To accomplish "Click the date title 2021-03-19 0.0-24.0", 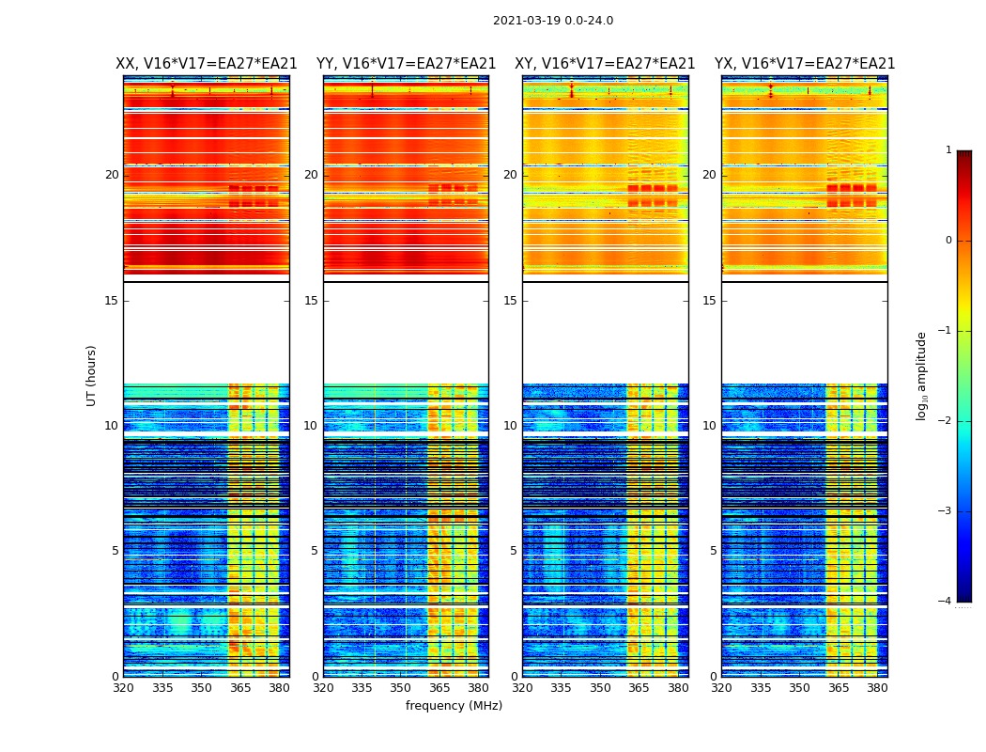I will click(x=552, y=21).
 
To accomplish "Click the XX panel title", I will click(x=206, y=64).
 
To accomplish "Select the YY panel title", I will click(x=406, y=64).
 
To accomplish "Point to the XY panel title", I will click(x=605, y=64).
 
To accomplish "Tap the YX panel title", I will click(x=805, y=64).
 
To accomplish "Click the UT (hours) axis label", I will click(x=92, y=375).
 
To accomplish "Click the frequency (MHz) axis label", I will click(x=454, y=706).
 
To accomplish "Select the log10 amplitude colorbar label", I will click(x=922, y=375).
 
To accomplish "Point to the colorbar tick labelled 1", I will click(x=948, y=150).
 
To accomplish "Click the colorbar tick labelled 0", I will click(x=948, y=241).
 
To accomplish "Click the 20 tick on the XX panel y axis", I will click(x=112, y=175).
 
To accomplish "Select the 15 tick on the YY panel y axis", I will click(x=311, y=301).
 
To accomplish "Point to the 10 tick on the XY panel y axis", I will click(x=510, y=426).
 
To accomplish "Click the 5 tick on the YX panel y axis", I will click(x=713, y=551).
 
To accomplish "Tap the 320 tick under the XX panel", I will click(x=123, y=688).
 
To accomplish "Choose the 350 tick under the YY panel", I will click(x=401, y=688).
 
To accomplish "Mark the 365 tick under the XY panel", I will click(x=639, y=688).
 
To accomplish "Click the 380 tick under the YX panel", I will click(x=877, y=688).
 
